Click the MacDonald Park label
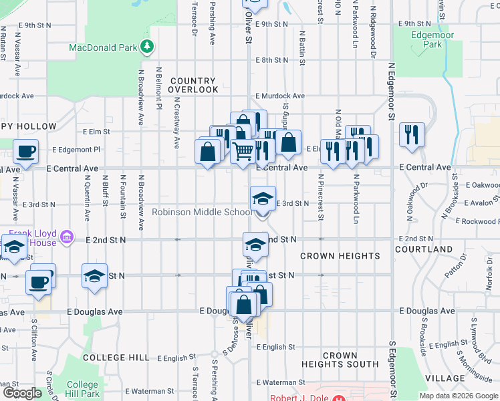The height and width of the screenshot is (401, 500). (x=103, y=47)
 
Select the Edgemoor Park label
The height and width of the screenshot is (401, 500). (x=427, y=39)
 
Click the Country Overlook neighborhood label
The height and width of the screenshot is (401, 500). (x=193, y=85)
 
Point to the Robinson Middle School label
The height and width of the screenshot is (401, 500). (x=201, y=213)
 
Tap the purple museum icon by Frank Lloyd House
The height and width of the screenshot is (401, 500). (x=66, y=237)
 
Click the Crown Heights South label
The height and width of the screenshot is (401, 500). (x=340, y=360)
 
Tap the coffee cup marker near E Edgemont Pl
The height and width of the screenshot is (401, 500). (x=25, y=151)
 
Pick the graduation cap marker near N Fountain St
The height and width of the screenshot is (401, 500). (x=94, y=275)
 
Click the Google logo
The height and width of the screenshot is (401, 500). (x=21, y=393)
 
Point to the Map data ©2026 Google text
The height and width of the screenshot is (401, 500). (x=458, y=396)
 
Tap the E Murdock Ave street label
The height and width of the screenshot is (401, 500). (x=280, y=96)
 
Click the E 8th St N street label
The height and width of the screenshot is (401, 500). (x=271, y=59)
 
